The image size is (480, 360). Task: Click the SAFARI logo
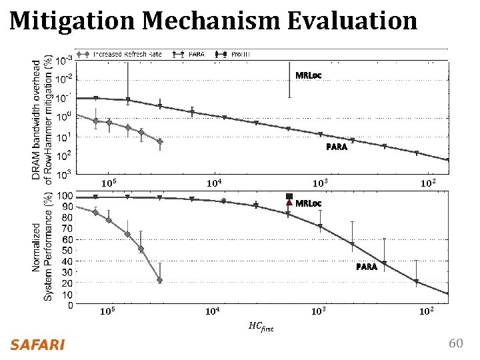37,345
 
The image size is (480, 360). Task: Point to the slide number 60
455,343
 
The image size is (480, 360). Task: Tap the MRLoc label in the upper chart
308,75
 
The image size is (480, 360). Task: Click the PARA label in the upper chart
337,147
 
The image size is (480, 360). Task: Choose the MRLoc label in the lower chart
308,203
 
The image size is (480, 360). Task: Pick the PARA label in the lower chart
367,267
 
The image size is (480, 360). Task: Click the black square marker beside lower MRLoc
289,196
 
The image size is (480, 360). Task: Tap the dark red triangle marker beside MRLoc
289,203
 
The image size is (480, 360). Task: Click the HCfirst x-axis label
261,327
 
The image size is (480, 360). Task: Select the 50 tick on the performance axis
68,251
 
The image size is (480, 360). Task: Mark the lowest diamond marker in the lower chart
159,281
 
